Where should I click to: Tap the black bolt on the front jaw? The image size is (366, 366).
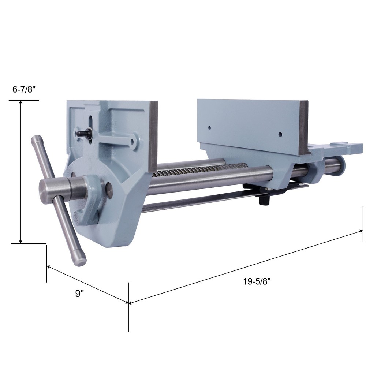(x=81, y=134)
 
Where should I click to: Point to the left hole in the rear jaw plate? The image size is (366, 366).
(x=209, y=128)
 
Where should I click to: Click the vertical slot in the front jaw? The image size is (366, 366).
(x=91, y=126)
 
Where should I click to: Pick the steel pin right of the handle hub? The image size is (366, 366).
(x=109, y=188)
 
